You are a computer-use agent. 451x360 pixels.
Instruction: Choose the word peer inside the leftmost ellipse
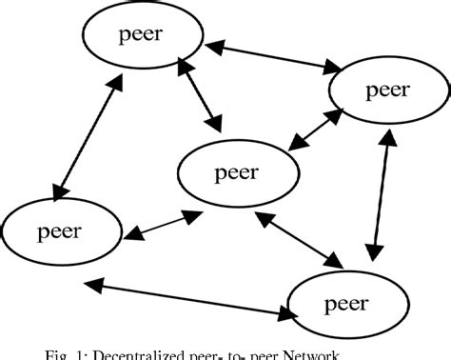[60, 231]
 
